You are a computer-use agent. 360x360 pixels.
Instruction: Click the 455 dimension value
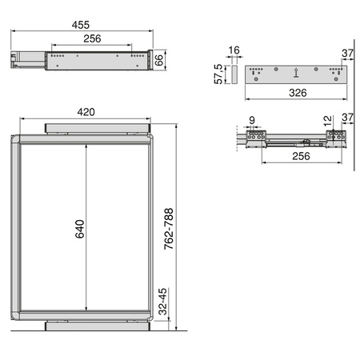pos(80,24)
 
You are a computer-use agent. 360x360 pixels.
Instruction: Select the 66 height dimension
pos(160,59)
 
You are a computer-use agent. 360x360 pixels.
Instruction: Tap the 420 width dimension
pos(87,113)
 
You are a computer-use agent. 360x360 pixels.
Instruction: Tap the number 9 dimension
pos(251,121)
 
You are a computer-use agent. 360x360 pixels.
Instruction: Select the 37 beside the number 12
pos(347,119)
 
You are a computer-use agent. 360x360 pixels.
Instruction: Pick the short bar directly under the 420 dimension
pos(98,127)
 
